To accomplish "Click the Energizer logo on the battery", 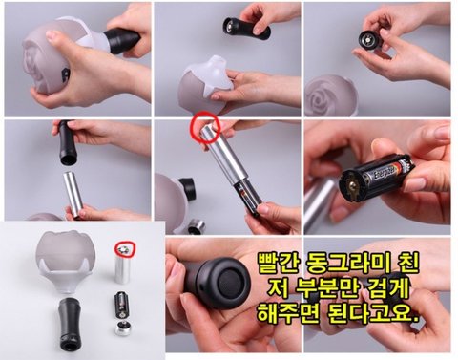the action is coord(385,173).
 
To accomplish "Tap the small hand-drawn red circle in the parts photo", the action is coord(125,250).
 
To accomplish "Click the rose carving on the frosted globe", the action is coord(323,97).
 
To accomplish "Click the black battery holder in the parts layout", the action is coord(122,304).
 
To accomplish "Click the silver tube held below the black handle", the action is coord(73,195).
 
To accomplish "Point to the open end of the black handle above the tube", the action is coord(69,159).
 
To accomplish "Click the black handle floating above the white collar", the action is coord(247,28).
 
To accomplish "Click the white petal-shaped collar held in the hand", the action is coord(209,78).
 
